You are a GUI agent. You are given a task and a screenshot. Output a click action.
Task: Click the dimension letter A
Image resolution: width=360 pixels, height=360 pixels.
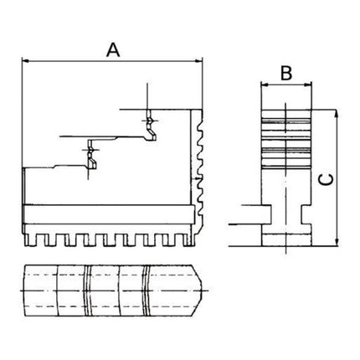pos(113,49)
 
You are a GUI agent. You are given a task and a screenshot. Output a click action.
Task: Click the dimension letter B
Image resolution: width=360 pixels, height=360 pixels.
pos(285,73)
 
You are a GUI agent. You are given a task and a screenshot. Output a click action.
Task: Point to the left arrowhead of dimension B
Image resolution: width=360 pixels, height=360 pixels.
pos(264,85)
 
